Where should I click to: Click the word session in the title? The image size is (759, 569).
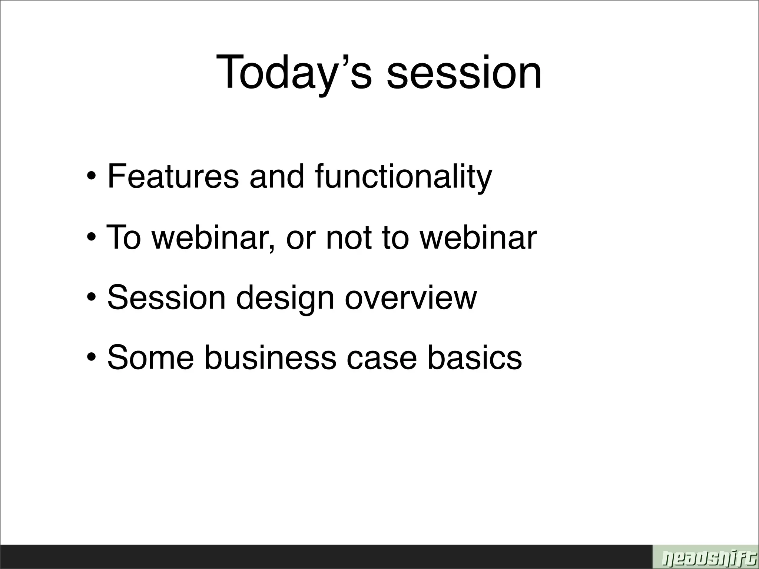point(464,72)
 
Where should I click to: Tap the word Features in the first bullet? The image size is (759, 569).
point(173,176)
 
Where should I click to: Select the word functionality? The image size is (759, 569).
point(404,177)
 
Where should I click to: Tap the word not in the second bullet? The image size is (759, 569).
point(348,237)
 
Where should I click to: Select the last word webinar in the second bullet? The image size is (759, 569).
point(478,237)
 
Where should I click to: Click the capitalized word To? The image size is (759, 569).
point(124,237)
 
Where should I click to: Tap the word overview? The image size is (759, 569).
point(411,297)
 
